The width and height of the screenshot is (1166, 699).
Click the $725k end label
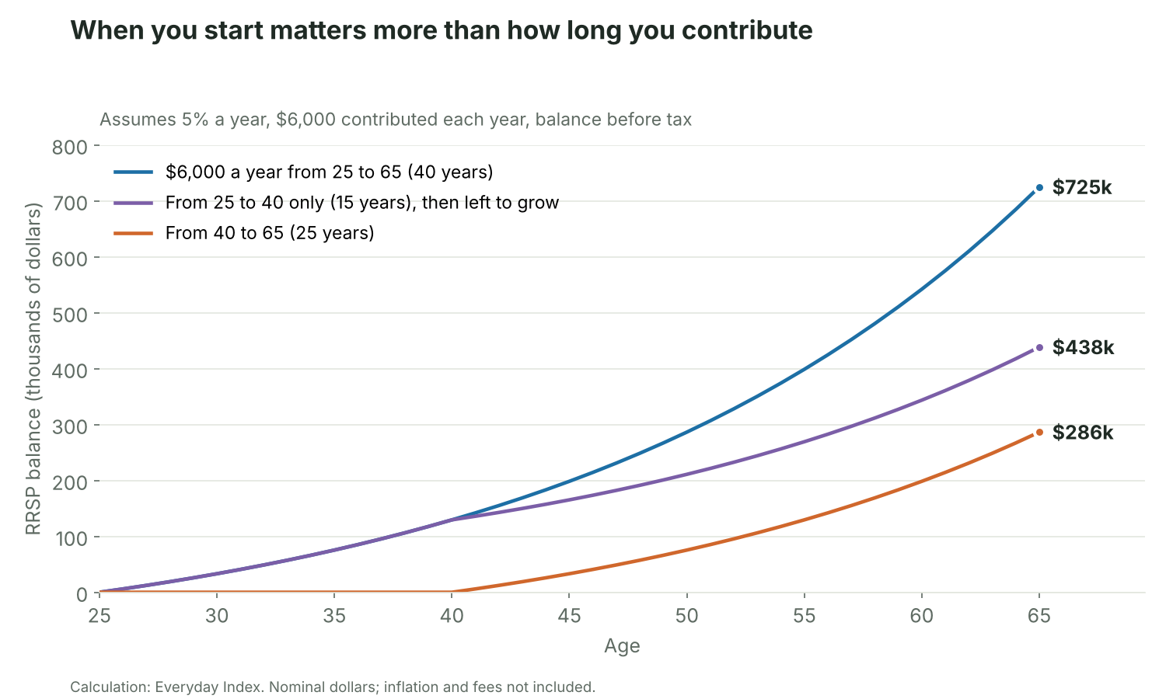tap(1082, 187)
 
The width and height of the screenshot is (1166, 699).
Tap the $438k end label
tap(1083, 347)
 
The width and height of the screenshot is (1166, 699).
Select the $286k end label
tap(1083, 432)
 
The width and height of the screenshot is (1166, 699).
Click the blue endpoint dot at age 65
tap(1039, 188)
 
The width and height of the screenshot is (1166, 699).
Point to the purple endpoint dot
tap(1039, 347)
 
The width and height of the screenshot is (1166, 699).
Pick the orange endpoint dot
tap(1039, 432)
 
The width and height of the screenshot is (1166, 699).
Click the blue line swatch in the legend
tap(133, 172)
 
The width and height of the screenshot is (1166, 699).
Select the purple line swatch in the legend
tap(133, 202)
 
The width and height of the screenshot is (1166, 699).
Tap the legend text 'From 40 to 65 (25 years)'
tap(270, 233)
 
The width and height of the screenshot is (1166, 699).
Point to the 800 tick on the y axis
tap(70, 148)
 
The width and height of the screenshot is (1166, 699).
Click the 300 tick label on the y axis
tap(70, 426)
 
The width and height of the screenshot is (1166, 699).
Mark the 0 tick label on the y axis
tap(82, 594)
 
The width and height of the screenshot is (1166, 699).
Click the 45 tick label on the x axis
tap(569, 616)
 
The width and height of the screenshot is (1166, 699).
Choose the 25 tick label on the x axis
tap(99, 616)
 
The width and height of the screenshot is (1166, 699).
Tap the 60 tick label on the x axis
tap(921, 616)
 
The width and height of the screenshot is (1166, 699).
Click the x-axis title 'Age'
tap(622, 646)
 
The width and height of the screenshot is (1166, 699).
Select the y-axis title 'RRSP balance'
tap(33, 473)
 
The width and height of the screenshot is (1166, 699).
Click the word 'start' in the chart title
tap(232, 30)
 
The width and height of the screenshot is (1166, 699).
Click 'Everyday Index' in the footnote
tap(208, 687)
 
